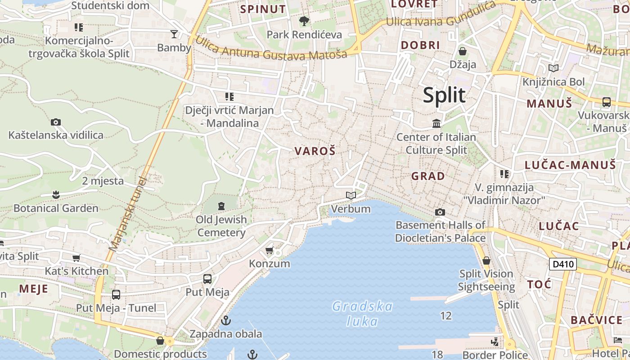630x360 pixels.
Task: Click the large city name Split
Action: click(x=444, y=95)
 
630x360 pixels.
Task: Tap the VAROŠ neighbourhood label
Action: click(x=315, y=151)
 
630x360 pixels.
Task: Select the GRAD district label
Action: click(x=428, y=176)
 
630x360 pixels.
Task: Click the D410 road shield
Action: click(x=562, y=264)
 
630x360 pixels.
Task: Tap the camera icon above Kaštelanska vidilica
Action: click(x=56, y=122)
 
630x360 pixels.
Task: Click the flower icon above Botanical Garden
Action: click(x=56, y=195)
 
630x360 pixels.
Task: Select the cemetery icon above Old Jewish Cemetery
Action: click(x=221, y=206)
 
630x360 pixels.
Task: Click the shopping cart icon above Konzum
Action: click(x=269, y=250)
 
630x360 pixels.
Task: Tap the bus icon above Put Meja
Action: click(x=207, y=279)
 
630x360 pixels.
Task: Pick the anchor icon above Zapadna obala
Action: click(x=225, y=320)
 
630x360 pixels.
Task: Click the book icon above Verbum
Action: click(x=351, y=196)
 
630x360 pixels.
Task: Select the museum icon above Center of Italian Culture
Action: click(x=436, y=123)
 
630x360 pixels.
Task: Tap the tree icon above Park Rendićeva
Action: click(x=304, y=21)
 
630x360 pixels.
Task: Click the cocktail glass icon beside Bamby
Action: click(x=174, y=34)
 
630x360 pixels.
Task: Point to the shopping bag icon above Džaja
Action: click(x=462, y=51)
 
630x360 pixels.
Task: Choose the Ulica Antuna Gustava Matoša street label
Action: click(x=271, y=48)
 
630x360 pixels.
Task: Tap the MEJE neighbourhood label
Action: click(x=33, y=288)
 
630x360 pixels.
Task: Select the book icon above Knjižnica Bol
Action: click(x=553, y=68)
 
